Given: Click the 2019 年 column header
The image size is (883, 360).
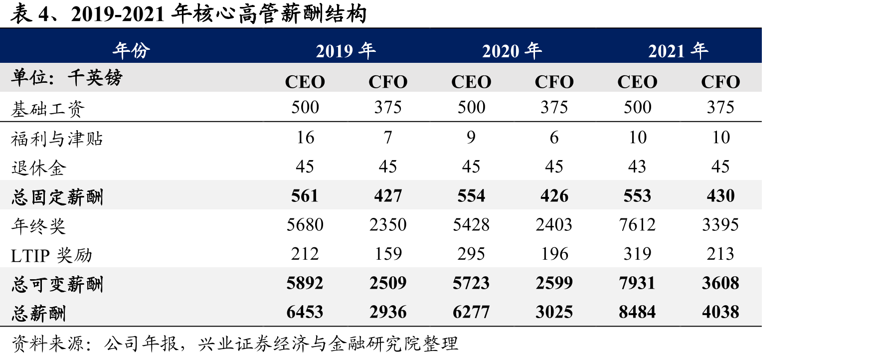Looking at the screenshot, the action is pyautogui.click(x=346, y=50).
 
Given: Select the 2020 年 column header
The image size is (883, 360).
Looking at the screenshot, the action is pyautogui.click(x=512, y=50).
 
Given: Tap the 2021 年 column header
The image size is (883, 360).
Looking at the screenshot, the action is pyautogui.click(x=678, y=50).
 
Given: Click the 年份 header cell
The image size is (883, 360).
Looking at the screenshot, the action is pyautogui.click(x=131, y=50).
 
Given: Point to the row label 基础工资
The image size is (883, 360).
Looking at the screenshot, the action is pyautogui.click(x=48, y=108).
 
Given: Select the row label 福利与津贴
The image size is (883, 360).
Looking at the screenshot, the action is pyautogui.click(x=57, y=138).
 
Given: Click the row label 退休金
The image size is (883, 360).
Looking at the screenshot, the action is pyautogui.click(x=38, y=168).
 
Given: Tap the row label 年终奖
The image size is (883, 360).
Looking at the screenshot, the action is pyautogui.click(x=38, y=226).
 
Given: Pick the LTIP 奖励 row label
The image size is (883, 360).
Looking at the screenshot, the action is pyautogui.click(x=52, y=255).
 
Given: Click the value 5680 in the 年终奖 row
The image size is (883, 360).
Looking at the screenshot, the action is pyautogui.click(x=305, y=225).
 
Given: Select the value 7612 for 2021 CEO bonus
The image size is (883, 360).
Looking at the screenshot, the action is pyautogui.click(x=637, y=225).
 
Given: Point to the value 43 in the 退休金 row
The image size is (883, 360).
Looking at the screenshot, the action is pyautogui.click(x=637, y=167).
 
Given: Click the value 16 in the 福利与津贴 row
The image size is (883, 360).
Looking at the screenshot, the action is pyautogui.click(x=305, y=137).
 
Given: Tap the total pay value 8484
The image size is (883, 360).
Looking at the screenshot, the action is pyautogui.click(x=637, y=312).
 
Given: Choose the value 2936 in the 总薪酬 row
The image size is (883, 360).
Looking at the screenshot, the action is pyautogui.click(x=388, y=312).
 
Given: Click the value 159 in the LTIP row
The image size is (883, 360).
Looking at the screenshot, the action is pyautogui.click(x=388, y=254).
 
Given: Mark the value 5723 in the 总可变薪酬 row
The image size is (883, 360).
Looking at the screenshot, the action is pyautogui.click(x=471, y=283).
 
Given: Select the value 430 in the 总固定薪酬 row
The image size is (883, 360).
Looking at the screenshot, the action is pyautogui.click(x=720, y=196).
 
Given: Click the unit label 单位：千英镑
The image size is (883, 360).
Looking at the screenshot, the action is pyautogui.click(x=66, y=78).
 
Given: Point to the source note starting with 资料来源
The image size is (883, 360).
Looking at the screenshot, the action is pyautogui.click(x=234, y=344).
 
